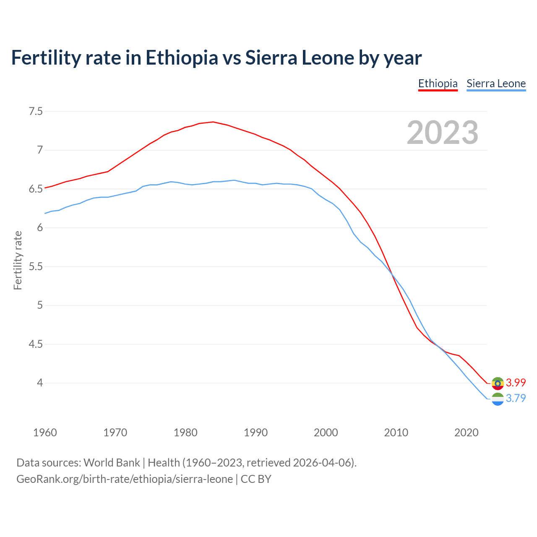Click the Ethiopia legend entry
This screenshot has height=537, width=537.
click(x=438, y=83)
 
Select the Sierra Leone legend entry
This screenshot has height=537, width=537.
click(x=496, y=83)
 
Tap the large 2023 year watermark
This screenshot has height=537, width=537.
click(x=442, y=133)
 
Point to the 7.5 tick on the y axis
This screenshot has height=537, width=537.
click(x=36, y=112)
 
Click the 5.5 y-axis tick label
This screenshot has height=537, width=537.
click(x=36, y=267)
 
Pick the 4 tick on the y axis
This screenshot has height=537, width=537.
click(x=40, y=383)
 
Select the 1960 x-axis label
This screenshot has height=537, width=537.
click(x=45, y=433)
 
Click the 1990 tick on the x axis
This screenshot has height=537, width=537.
click(x=255, y=433)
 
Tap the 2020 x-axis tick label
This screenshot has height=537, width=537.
click(x=466, y=433)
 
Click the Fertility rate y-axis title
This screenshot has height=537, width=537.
click(x=18, y=260)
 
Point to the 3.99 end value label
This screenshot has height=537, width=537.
click(x=516, y=383)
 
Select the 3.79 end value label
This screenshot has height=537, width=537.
click(x=516, y=398)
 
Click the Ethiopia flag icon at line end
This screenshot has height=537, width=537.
click(x=498, y=383)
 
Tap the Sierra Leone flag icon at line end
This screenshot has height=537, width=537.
click(x=498, y=399)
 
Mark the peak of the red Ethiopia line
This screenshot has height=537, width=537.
click(x=213, y=122)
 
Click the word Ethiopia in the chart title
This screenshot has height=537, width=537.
click(x=182, y=57)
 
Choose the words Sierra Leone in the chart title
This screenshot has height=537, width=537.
click(x=300, y=57)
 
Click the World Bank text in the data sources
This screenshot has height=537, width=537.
click(x=112, y=463)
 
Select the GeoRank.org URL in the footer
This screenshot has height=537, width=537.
click(x=124, y=479)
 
